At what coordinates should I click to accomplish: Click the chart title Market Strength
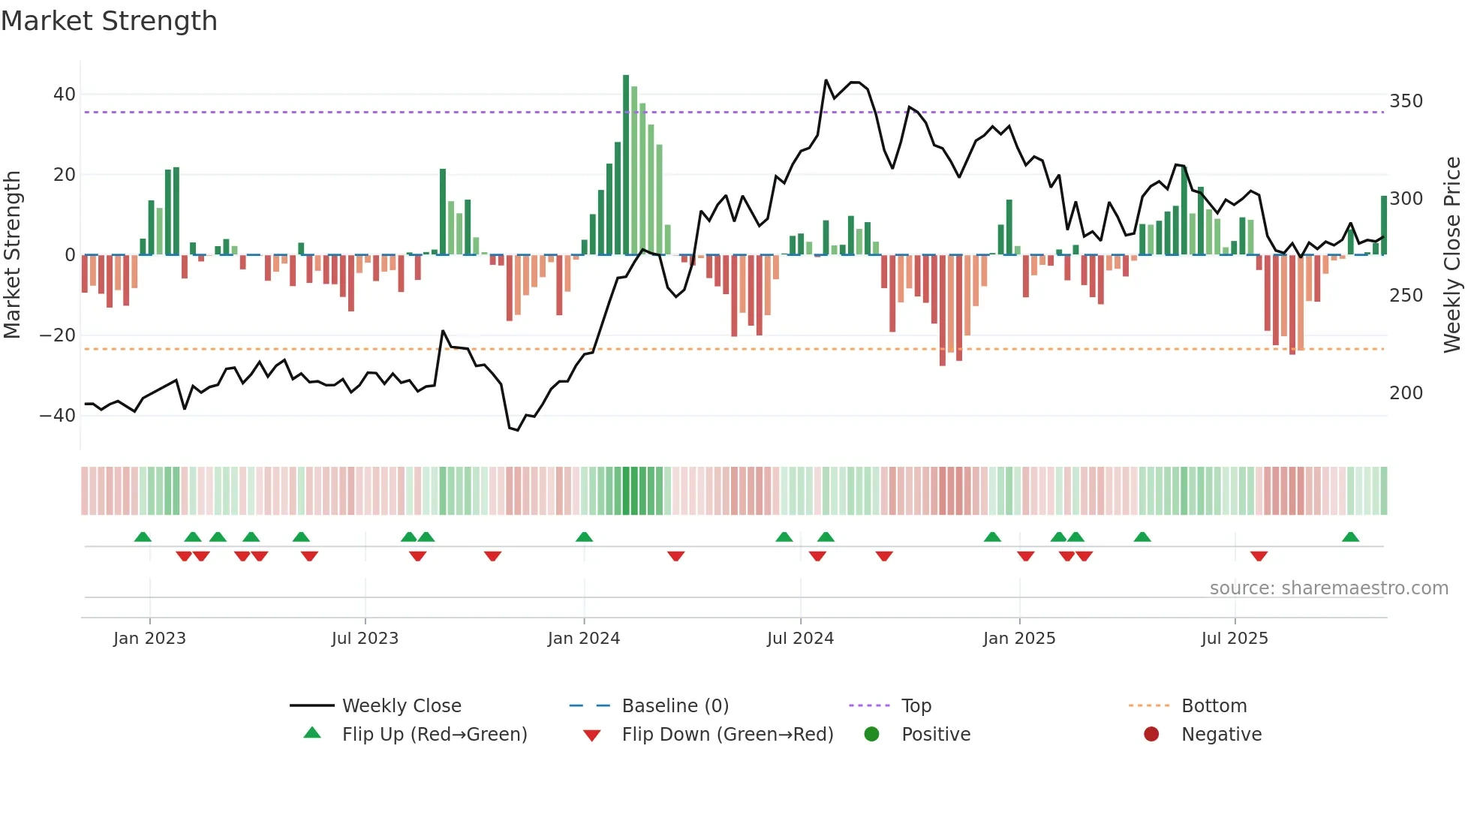click(109, 21)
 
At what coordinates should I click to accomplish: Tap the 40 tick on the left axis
click(65, 95)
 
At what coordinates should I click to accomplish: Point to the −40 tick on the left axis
click(58, 415)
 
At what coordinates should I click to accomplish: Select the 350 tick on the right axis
click(1406, 101)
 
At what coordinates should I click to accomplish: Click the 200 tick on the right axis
click(1406, 392)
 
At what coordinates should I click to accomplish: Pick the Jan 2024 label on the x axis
click(584, 639)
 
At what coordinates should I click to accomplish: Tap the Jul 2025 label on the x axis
click(1235, 639)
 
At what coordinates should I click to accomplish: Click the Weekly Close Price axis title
click(1452, 255)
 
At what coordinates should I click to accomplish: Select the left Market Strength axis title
click(13, 255)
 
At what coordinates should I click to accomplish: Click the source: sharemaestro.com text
click(1328, 588)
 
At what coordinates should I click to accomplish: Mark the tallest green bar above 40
click(626, 165)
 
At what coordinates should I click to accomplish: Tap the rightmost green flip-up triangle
click(1350, 537)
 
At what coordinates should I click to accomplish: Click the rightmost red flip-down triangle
click(1259, 556)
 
